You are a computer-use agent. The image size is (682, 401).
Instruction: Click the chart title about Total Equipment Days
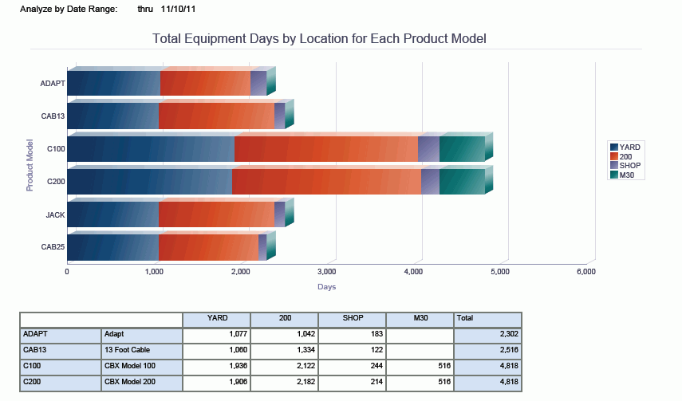[319, 38]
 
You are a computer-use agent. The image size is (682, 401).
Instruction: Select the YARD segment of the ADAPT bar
[113, 83]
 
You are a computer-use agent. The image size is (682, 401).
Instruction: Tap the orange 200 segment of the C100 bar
[325, 149]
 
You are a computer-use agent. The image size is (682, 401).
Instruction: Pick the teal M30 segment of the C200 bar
[462, 182]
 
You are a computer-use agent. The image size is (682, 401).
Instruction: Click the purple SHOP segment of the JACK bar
[279, 214]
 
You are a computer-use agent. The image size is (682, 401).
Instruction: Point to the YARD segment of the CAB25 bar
[112, 247]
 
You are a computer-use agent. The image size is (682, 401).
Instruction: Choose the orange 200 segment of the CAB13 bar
[216, 116]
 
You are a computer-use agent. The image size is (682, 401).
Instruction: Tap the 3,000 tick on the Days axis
[326, 272]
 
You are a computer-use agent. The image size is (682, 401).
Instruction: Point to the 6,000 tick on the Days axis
[585, 272]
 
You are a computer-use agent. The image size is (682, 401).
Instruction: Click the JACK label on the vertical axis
[55, 214]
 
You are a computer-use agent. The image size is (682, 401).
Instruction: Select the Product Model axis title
[30, 165]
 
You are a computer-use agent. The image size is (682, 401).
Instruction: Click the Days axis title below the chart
[326, 287]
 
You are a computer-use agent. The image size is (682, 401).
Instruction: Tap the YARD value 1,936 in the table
[216, 366]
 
